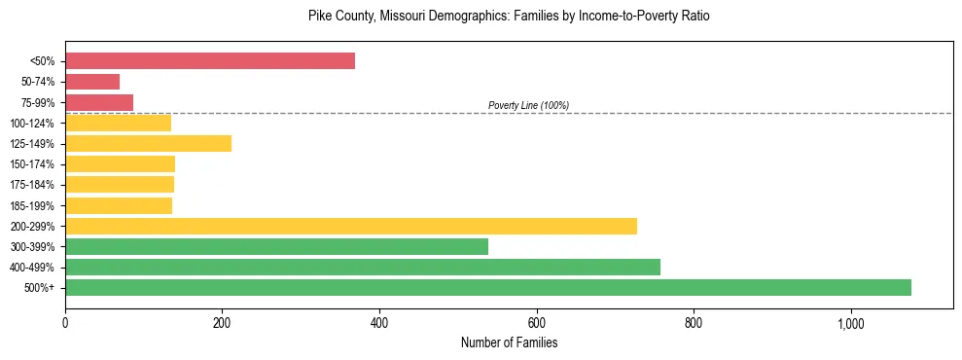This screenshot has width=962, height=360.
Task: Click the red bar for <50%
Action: [x=210, y=61]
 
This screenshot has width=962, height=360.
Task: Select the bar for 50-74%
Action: [x=92, y=82]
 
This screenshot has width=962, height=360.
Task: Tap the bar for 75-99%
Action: [x=99, y=102]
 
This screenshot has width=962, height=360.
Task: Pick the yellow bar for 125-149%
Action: [x=148, y=144]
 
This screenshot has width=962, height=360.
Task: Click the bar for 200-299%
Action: [x=351, y=226]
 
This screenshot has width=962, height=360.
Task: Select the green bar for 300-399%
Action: [x=276, y=246]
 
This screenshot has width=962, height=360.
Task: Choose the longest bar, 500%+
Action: [x=488, y=287]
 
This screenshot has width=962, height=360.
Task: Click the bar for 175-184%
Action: [x=120, y=185]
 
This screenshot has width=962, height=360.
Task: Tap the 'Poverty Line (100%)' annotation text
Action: [x=528, y=105]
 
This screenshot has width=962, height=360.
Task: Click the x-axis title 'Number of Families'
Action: [x=509, y=342]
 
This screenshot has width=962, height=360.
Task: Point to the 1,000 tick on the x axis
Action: [x=850, y=322]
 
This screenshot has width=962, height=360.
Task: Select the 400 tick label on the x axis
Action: [x=379, y=322]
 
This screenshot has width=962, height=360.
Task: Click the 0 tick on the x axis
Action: [x=65, y=322]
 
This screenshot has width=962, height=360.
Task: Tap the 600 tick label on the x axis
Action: [x=536, y=322]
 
